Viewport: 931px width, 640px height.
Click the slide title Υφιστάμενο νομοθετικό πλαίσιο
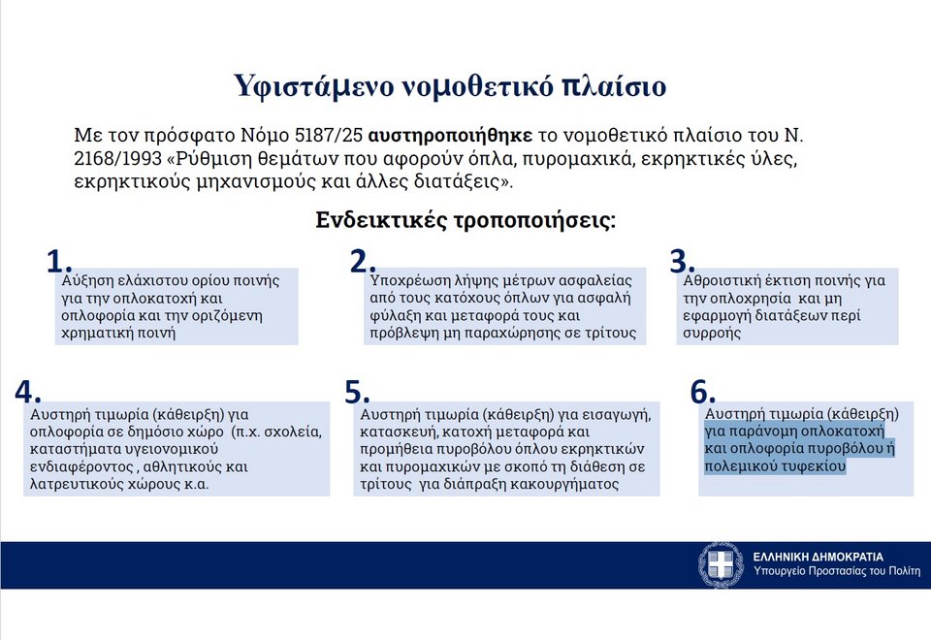[x=450, y=86]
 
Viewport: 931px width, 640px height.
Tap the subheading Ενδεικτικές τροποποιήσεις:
[x=466, y=219]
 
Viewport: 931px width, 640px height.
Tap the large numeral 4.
[x=28, y=391]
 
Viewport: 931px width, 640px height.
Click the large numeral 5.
[x=358, y=391]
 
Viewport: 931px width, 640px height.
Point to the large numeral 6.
[x=703, y=391]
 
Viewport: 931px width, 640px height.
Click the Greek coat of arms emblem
[x=721, y=564]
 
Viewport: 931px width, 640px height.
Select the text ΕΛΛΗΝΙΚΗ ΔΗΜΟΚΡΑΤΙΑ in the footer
[x=819, y=557]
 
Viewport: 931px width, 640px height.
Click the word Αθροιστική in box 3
[x=721, y=280]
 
